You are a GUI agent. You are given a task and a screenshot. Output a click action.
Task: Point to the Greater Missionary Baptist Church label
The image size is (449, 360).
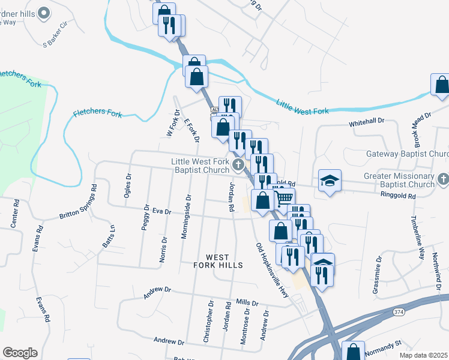tap(399, 180)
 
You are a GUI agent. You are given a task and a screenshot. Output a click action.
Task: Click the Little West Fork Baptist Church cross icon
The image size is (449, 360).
tap(238, 166)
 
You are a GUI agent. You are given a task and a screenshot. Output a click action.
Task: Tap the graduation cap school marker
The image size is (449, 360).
tap(330, 181)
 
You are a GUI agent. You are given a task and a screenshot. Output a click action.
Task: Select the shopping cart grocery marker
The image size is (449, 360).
tap(285, 197)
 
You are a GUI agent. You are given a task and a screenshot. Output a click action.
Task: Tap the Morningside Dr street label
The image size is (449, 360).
tap(185, 217)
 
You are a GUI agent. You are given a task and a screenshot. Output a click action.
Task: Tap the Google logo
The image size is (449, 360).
tap(20, 352)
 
